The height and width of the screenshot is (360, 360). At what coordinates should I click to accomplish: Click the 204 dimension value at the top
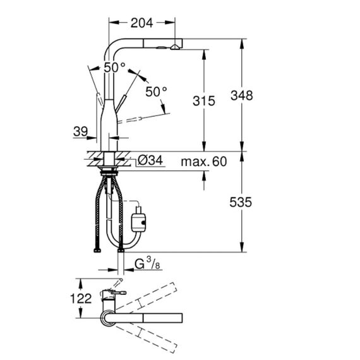tap(141, 23)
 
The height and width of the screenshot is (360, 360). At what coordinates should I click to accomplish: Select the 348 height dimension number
tap(241, 95)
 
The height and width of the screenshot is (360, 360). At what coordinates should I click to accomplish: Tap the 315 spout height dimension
tap(204, 101)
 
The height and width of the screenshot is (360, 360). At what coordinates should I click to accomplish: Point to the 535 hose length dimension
tap(241, 202)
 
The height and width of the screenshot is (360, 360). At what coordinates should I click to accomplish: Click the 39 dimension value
tap(81, 131)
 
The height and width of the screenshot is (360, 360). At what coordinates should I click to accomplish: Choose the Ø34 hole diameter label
tap(150, 160)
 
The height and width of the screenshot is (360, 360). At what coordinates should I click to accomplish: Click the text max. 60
tap(204, 162)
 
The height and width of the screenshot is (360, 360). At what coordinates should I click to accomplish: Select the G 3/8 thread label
tap(147, 263)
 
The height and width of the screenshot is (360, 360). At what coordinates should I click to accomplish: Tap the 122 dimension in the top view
tap(81, 299)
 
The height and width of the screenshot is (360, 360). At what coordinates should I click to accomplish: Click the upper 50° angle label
tap(114, 68)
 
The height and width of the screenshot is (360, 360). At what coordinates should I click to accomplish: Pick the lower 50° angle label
tap(156, 92)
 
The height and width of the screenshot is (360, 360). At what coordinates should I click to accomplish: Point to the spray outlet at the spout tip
tap(175, 47)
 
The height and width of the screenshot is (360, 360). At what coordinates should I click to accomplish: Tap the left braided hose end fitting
tap(97, 250)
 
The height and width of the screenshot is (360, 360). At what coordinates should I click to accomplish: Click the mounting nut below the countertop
tap(109, 171)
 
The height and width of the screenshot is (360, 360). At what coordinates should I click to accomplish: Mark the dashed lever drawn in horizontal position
tap(129, 120)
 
